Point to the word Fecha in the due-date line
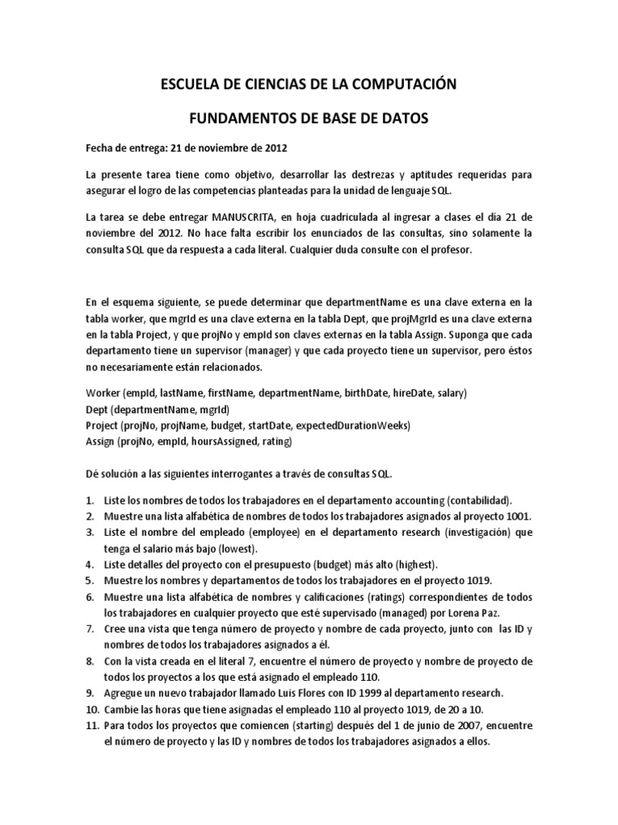pos(101,148)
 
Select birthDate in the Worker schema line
pos(366,393)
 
